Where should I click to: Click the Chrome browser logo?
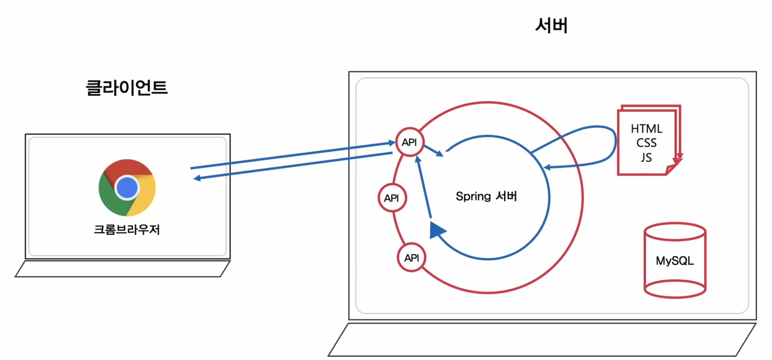coord(127,187)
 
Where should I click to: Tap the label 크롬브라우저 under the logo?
coord(127,230)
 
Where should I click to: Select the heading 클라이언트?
coord(127,88)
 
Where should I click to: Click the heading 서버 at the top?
coord(551,26)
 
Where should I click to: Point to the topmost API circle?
coord(409,142)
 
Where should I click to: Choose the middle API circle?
coord(391,198)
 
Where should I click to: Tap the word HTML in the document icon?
coord(647,129)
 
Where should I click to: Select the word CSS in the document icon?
coord(647,144)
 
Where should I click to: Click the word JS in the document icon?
coord(647,158)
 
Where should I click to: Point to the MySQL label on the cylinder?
coord(675,261)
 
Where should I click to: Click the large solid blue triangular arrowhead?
coord(437,230)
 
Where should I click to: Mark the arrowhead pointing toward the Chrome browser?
coord(197,179)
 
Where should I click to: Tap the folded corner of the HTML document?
coord(671,169)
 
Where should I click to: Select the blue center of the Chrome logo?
coord(127,187)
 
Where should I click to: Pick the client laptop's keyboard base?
coord(123,269)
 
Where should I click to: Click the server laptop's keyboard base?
coord(542,339)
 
